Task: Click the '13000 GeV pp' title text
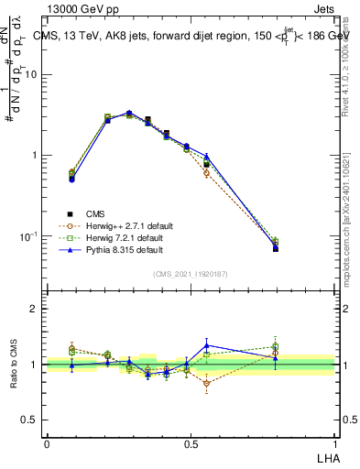click(x=80, y=8)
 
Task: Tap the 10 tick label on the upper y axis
click(x=31, y=75)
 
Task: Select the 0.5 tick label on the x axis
click(x=191, y=443)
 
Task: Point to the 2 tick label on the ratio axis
click(x=35, y=309)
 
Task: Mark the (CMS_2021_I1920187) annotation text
click(x=191, y=273)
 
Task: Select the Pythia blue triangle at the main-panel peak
click(x=129, y=113)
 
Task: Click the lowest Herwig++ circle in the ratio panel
click(x=207, y=383)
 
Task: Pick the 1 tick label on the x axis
click(x=334, y=443)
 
